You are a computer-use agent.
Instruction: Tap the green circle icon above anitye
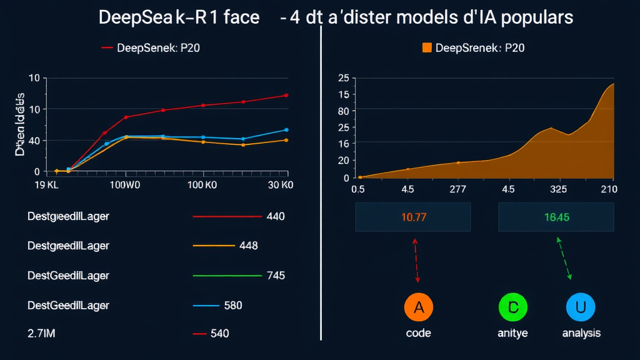513,307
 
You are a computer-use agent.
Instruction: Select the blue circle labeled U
581,307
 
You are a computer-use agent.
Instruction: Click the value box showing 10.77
412,217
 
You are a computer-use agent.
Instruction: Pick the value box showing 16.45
556,217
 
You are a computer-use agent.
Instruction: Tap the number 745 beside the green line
276,276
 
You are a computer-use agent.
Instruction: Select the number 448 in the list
248,246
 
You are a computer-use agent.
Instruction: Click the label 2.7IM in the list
42,334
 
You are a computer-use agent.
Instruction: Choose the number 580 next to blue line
232,306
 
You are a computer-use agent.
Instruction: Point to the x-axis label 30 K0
279,185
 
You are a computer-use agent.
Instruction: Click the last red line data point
286,95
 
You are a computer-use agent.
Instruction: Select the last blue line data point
286,130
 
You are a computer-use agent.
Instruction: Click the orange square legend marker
427,47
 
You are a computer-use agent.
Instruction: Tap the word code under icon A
418,333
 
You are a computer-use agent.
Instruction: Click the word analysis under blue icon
581,333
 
